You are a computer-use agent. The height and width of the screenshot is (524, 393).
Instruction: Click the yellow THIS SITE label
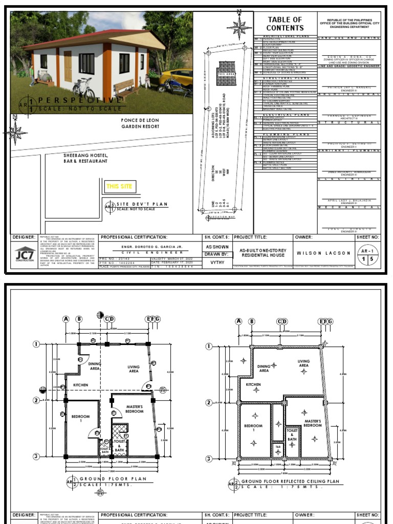(119, 186)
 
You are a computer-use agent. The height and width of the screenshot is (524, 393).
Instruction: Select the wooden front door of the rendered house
(68, 67)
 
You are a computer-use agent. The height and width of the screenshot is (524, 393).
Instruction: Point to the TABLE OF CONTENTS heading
(285, 24)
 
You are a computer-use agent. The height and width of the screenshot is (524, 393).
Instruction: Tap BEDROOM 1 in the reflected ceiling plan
(253, 428)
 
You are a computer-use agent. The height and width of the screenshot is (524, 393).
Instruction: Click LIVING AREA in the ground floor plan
(134, 369)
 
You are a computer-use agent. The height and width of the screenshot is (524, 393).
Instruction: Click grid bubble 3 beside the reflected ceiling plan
(209, 456)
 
